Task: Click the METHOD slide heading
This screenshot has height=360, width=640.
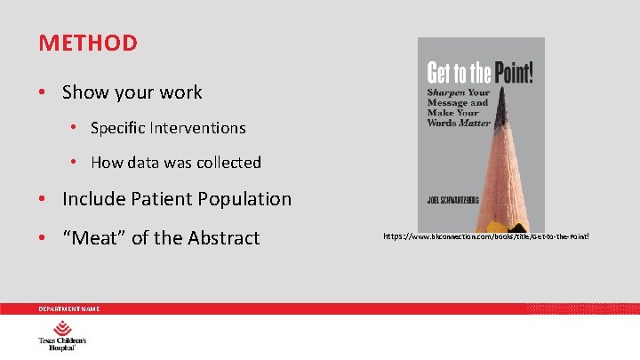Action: click(88, 43)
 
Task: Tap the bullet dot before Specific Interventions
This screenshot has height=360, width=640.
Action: click(75, 128)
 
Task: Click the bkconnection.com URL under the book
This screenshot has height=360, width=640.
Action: click(485, 237)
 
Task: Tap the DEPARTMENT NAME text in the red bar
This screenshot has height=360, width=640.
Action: click(68, 308)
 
